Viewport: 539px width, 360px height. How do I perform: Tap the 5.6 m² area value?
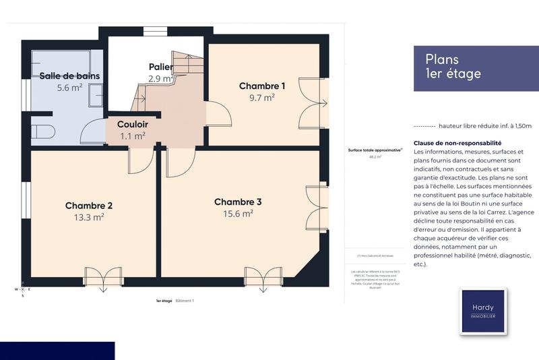[x=69, y=88]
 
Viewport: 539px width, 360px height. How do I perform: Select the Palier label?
[x=161, y=67]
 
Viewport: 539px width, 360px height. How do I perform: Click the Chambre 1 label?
[x=262, y=86]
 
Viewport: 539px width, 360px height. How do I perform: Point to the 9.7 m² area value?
[x=262, y=98]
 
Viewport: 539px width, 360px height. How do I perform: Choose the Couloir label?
[x=132, y=124]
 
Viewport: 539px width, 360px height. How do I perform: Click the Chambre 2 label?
[x=89, y=205]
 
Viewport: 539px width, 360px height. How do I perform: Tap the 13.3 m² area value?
[x=89, y=217]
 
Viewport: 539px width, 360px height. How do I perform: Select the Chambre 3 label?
[x=238, y=202]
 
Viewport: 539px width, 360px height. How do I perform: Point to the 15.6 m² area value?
[x=238, y=214]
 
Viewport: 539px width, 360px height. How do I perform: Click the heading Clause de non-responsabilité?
[x=457, y=143]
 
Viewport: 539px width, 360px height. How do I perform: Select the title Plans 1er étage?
[x=453, y=67]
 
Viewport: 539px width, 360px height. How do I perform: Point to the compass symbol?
[x=22, y=289]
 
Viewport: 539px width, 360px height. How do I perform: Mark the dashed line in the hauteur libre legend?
[x=423, y=126]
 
